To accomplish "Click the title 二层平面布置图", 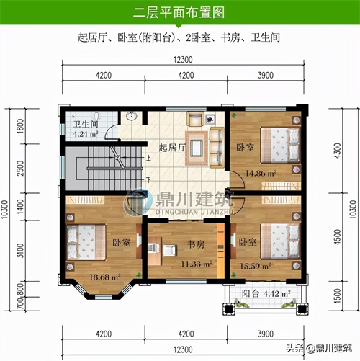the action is click(179, 12).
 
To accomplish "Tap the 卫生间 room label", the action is click(86, 124).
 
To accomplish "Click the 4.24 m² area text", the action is click(86, 134).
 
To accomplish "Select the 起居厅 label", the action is click(172, 148).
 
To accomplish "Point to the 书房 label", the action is click(196, 244).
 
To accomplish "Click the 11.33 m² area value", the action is click(197, 264).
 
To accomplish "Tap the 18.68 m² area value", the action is click(105, 277).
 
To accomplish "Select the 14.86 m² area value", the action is click(261, 173).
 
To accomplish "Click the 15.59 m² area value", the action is click(256, 266).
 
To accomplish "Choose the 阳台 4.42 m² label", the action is click(266, 293).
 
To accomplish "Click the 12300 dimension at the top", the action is click(183, 60).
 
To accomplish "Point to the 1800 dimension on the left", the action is click(21, 126).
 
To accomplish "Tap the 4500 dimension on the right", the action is click(338, 237).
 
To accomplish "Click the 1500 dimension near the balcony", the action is click(338, 295).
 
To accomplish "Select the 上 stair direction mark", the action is click(148, 158).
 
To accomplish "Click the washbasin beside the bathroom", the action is click(131, 116).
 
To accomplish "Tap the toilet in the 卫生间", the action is click(96, 116).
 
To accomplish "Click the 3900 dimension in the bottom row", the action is click(266, 334).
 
